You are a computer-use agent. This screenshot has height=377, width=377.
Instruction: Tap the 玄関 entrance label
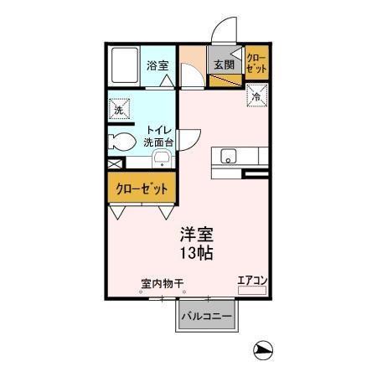click(221, 65)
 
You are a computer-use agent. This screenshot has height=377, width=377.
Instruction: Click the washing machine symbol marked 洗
click(118, 108)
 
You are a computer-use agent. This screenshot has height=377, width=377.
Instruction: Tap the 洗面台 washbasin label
click(160, 143)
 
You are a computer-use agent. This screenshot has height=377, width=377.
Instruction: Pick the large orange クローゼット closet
click(142, 188)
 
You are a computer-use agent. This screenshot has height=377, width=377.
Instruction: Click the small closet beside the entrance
click(256, 65)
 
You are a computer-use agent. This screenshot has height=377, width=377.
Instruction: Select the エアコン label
click(251, 280)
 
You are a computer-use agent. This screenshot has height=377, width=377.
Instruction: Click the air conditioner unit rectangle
click(251, 290)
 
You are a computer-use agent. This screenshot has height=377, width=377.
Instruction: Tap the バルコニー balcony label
click(209, 318)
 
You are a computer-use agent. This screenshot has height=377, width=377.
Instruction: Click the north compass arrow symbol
click(262, 350)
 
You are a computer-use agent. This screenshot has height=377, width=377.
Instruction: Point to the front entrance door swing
click(222, 32)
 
